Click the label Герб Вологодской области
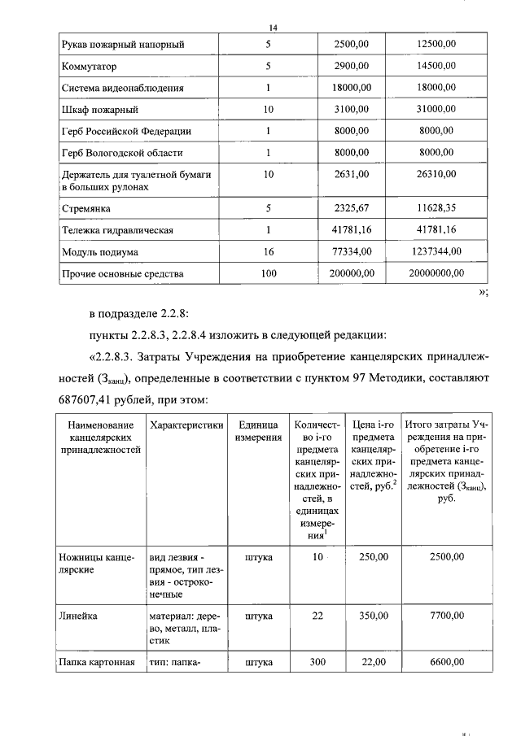[122, 152]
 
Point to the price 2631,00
[353, 176]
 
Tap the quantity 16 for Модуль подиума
[268, 252]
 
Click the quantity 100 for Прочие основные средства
[268, 274]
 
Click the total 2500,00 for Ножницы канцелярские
[446, 557]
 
